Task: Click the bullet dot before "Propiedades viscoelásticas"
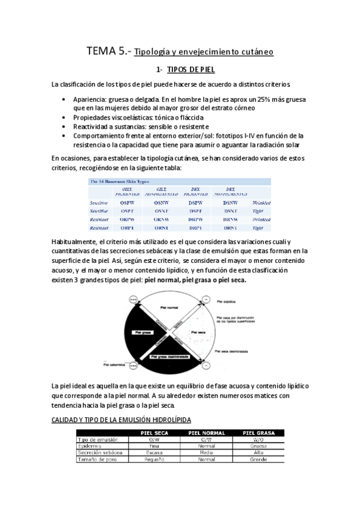[65, 117]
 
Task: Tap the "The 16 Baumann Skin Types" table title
[120, 181]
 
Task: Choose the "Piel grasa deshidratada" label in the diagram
[170, 357]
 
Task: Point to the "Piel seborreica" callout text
[114, 364]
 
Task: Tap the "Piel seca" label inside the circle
[195, 333]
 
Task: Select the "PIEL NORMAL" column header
[206, 432]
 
